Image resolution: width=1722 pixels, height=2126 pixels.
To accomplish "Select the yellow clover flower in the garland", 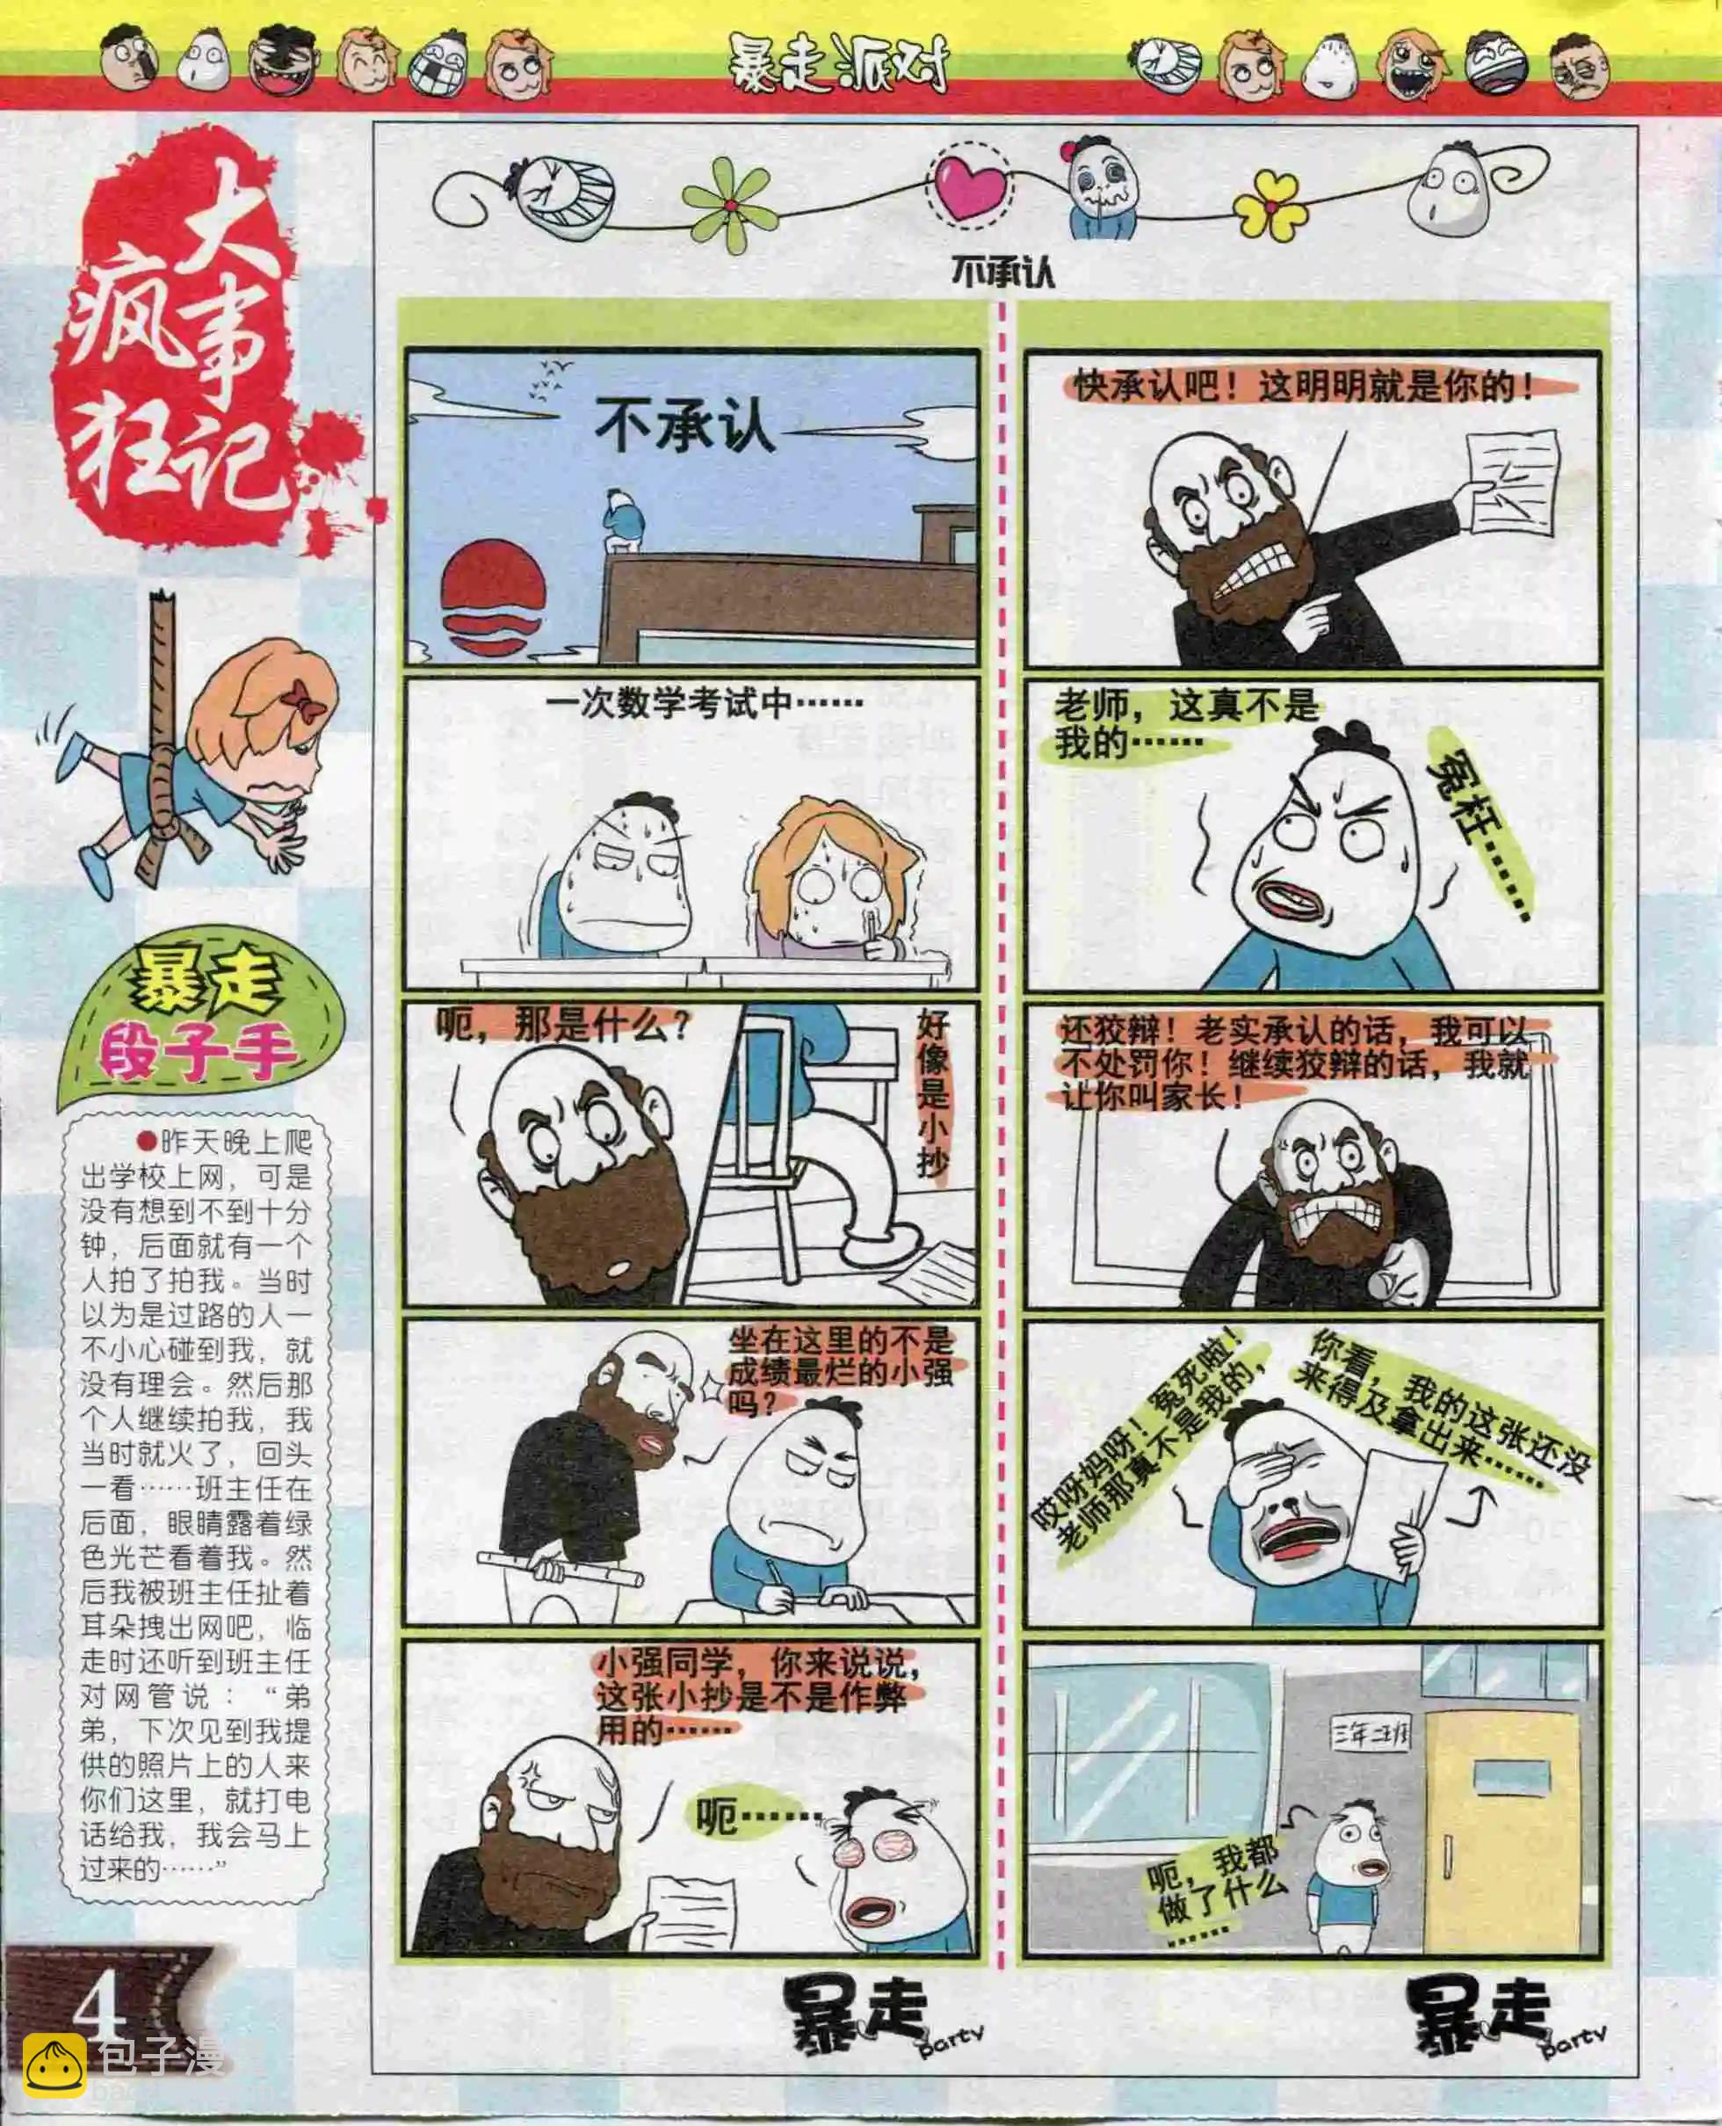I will pos(1270,206).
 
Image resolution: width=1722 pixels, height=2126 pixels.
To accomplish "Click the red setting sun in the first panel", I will pos(493,601).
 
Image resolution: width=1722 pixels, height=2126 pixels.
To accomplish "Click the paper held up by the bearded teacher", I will pos(1512,483).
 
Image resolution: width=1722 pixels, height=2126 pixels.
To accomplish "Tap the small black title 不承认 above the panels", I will pos(1002,272).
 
